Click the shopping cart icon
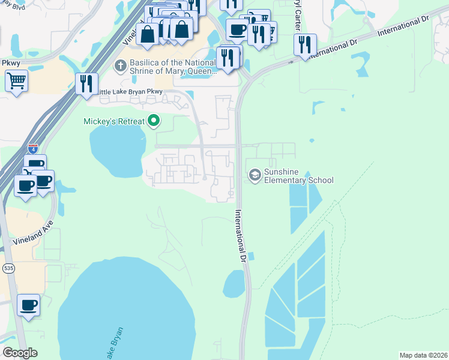tap(17, 80)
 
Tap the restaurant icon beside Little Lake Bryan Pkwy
tap(87, 83)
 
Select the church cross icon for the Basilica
tap(120, 64)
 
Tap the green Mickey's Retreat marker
tap(154, 121)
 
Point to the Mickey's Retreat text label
tap(114, 122)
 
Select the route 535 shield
tap(8, 268)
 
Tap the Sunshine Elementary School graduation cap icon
tap(255, 175)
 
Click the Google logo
tap(20, 353)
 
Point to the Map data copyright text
tap(423, 355)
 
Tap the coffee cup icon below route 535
tap(28, 305)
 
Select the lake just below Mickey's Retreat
tap(118, 147)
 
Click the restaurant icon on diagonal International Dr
tap(305, 45)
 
